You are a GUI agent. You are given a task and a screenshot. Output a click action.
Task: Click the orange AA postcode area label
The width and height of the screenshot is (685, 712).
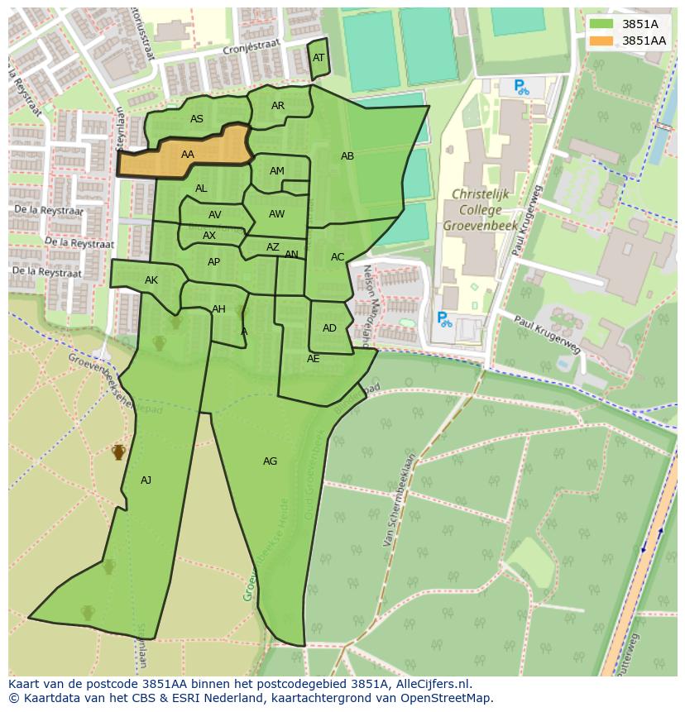(x=188, y=155)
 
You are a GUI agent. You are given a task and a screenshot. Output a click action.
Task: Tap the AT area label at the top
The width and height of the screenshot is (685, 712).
(x=319, y=58)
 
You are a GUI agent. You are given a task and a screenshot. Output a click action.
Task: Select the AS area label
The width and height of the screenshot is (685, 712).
(x=196, y=119)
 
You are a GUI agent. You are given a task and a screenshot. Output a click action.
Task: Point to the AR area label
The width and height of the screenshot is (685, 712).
(x=278, y=106)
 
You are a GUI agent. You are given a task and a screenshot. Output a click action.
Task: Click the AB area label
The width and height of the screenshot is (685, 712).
(x=347, y=156)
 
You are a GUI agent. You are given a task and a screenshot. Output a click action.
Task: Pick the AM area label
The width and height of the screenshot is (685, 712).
(x=277, y=171)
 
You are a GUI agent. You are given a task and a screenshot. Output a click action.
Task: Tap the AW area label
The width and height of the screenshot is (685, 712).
(x=276, y=214)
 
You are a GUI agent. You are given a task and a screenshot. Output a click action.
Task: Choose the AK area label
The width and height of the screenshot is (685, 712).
(x=151, y=280)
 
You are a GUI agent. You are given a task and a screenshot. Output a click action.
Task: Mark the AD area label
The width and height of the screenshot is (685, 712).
(x=329, y=328)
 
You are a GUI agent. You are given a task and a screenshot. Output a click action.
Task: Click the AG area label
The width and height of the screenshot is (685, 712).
(x=270, y=461)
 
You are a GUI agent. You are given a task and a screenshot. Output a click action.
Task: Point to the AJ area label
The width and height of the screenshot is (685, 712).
(x=146, y=480)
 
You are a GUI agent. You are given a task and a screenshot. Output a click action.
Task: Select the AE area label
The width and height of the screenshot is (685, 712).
(x=313, y=359)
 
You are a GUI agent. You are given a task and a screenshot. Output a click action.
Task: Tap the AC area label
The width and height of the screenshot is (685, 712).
(x=338, y=257)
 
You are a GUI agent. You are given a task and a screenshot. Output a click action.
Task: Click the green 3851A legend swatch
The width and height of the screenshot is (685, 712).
(x=601, y=24)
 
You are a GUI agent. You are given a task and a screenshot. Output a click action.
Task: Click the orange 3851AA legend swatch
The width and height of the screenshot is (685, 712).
(x=601, y=41)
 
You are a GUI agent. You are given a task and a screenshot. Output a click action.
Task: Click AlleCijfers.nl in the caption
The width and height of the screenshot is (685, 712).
(x=430, y=684)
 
